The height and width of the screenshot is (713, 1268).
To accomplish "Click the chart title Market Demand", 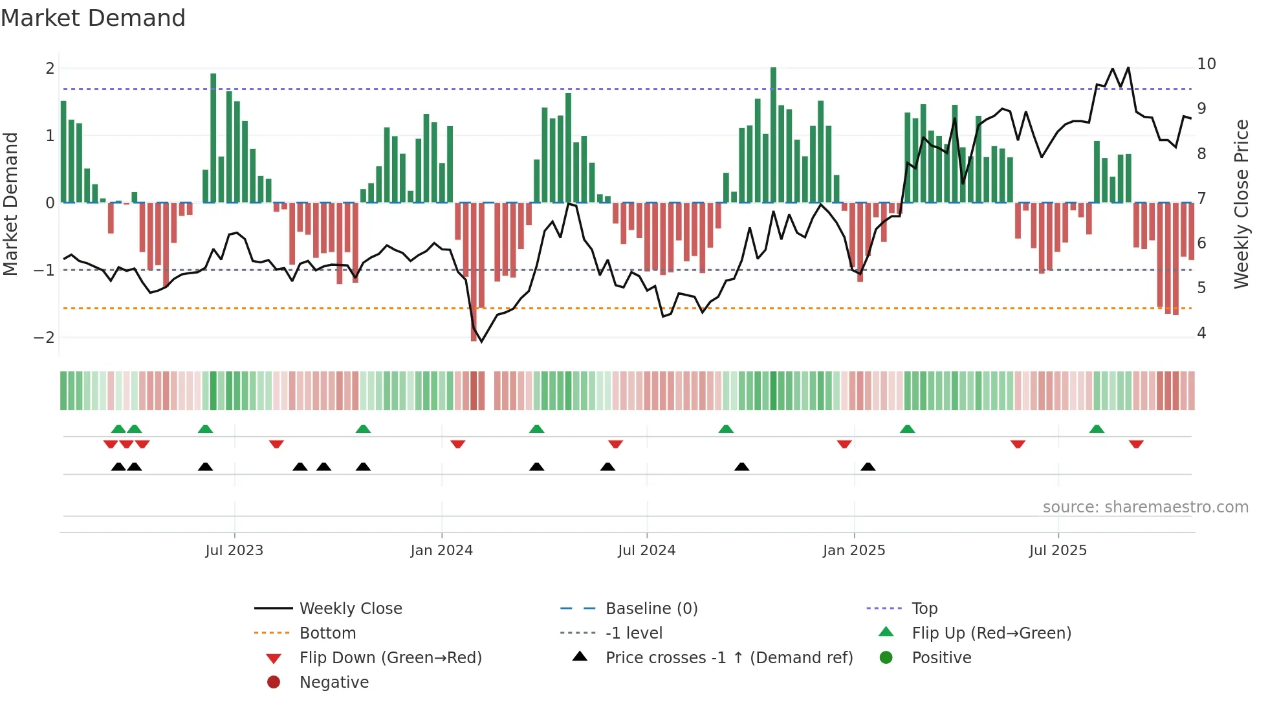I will (93, 18).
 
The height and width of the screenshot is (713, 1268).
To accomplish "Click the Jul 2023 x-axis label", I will (234, 551).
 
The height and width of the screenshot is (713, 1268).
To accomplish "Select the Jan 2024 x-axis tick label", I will (441, 551).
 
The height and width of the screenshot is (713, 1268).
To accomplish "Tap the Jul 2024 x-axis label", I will (646, 551).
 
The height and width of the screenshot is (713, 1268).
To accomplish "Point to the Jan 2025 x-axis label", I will (853, 551).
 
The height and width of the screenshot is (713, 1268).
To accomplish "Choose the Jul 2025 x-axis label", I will (1058, 551).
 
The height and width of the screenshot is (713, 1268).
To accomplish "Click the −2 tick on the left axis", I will (44, 338).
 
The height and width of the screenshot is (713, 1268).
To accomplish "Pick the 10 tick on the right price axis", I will (1206, 64).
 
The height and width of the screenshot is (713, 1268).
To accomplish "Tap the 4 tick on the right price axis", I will (1201, 333).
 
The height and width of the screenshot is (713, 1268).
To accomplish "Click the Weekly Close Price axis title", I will (1241, 204).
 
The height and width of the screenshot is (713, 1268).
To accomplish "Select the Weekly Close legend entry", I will (350, 609).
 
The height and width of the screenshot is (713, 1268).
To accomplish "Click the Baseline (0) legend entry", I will (651, 609).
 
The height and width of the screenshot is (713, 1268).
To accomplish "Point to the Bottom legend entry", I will (327, 633).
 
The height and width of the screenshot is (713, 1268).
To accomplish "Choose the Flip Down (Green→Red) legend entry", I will (390, 658).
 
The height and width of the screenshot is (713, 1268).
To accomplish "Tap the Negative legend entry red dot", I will (274, 683).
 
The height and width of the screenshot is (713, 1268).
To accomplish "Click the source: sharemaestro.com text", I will (1145, 507).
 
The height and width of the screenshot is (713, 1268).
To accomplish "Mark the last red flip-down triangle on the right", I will (1136, 444).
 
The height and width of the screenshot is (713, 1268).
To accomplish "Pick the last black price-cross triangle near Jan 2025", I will (868, 466).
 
